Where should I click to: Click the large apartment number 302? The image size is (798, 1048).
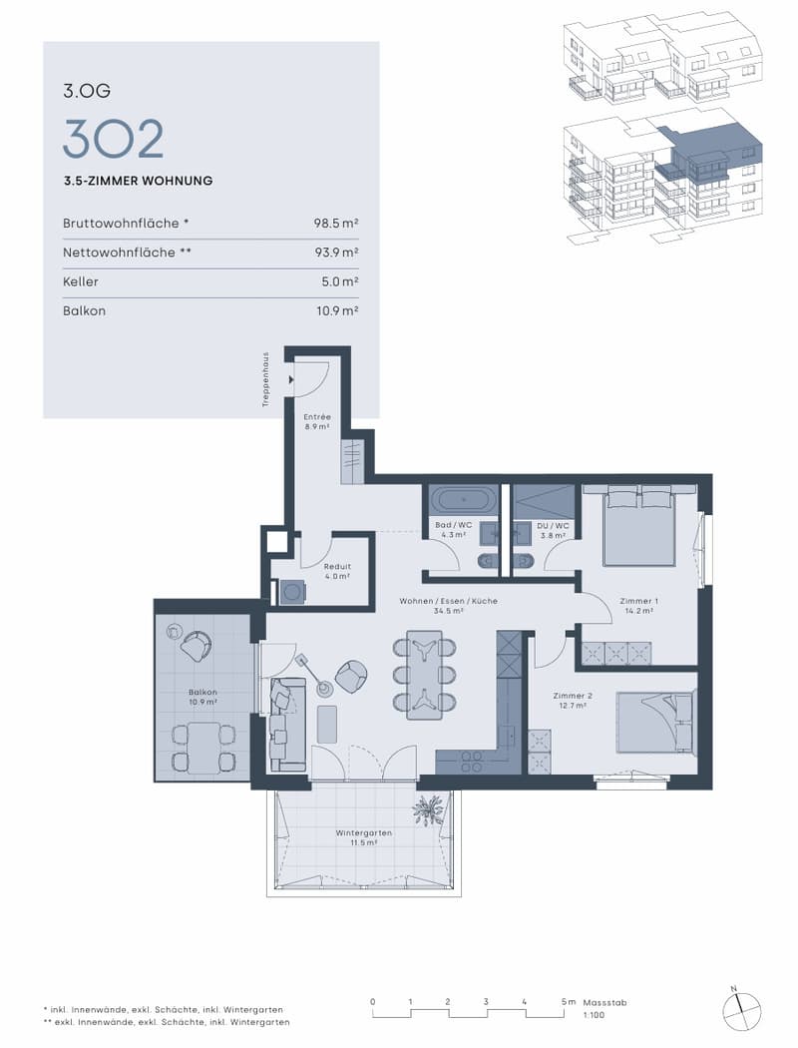(113, 139)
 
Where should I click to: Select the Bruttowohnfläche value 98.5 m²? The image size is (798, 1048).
(336, 224)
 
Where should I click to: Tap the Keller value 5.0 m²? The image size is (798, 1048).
(340, 281)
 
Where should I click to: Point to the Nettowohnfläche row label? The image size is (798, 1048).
(128, 252)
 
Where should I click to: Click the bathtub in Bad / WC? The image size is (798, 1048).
(463, 500)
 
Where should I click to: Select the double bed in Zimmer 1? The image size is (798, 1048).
(639, 527)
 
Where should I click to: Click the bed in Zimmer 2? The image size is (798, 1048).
(654, 722)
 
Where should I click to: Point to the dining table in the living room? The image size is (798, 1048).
(425, 674)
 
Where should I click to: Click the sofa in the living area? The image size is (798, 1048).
(287, 724)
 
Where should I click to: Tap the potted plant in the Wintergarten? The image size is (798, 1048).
(428, 810)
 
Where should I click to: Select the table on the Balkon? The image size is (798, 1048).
(202, 748)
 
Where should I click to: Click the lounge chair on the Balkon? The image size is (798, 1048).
(196, 646)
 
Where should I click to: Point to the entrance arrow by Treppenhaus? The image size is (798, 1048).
(291, 380)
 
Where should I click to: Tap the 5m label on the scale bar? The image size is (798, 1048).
(569, 1002)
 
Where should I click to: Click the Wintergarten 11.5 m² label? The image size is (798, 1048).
(363, 837)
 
